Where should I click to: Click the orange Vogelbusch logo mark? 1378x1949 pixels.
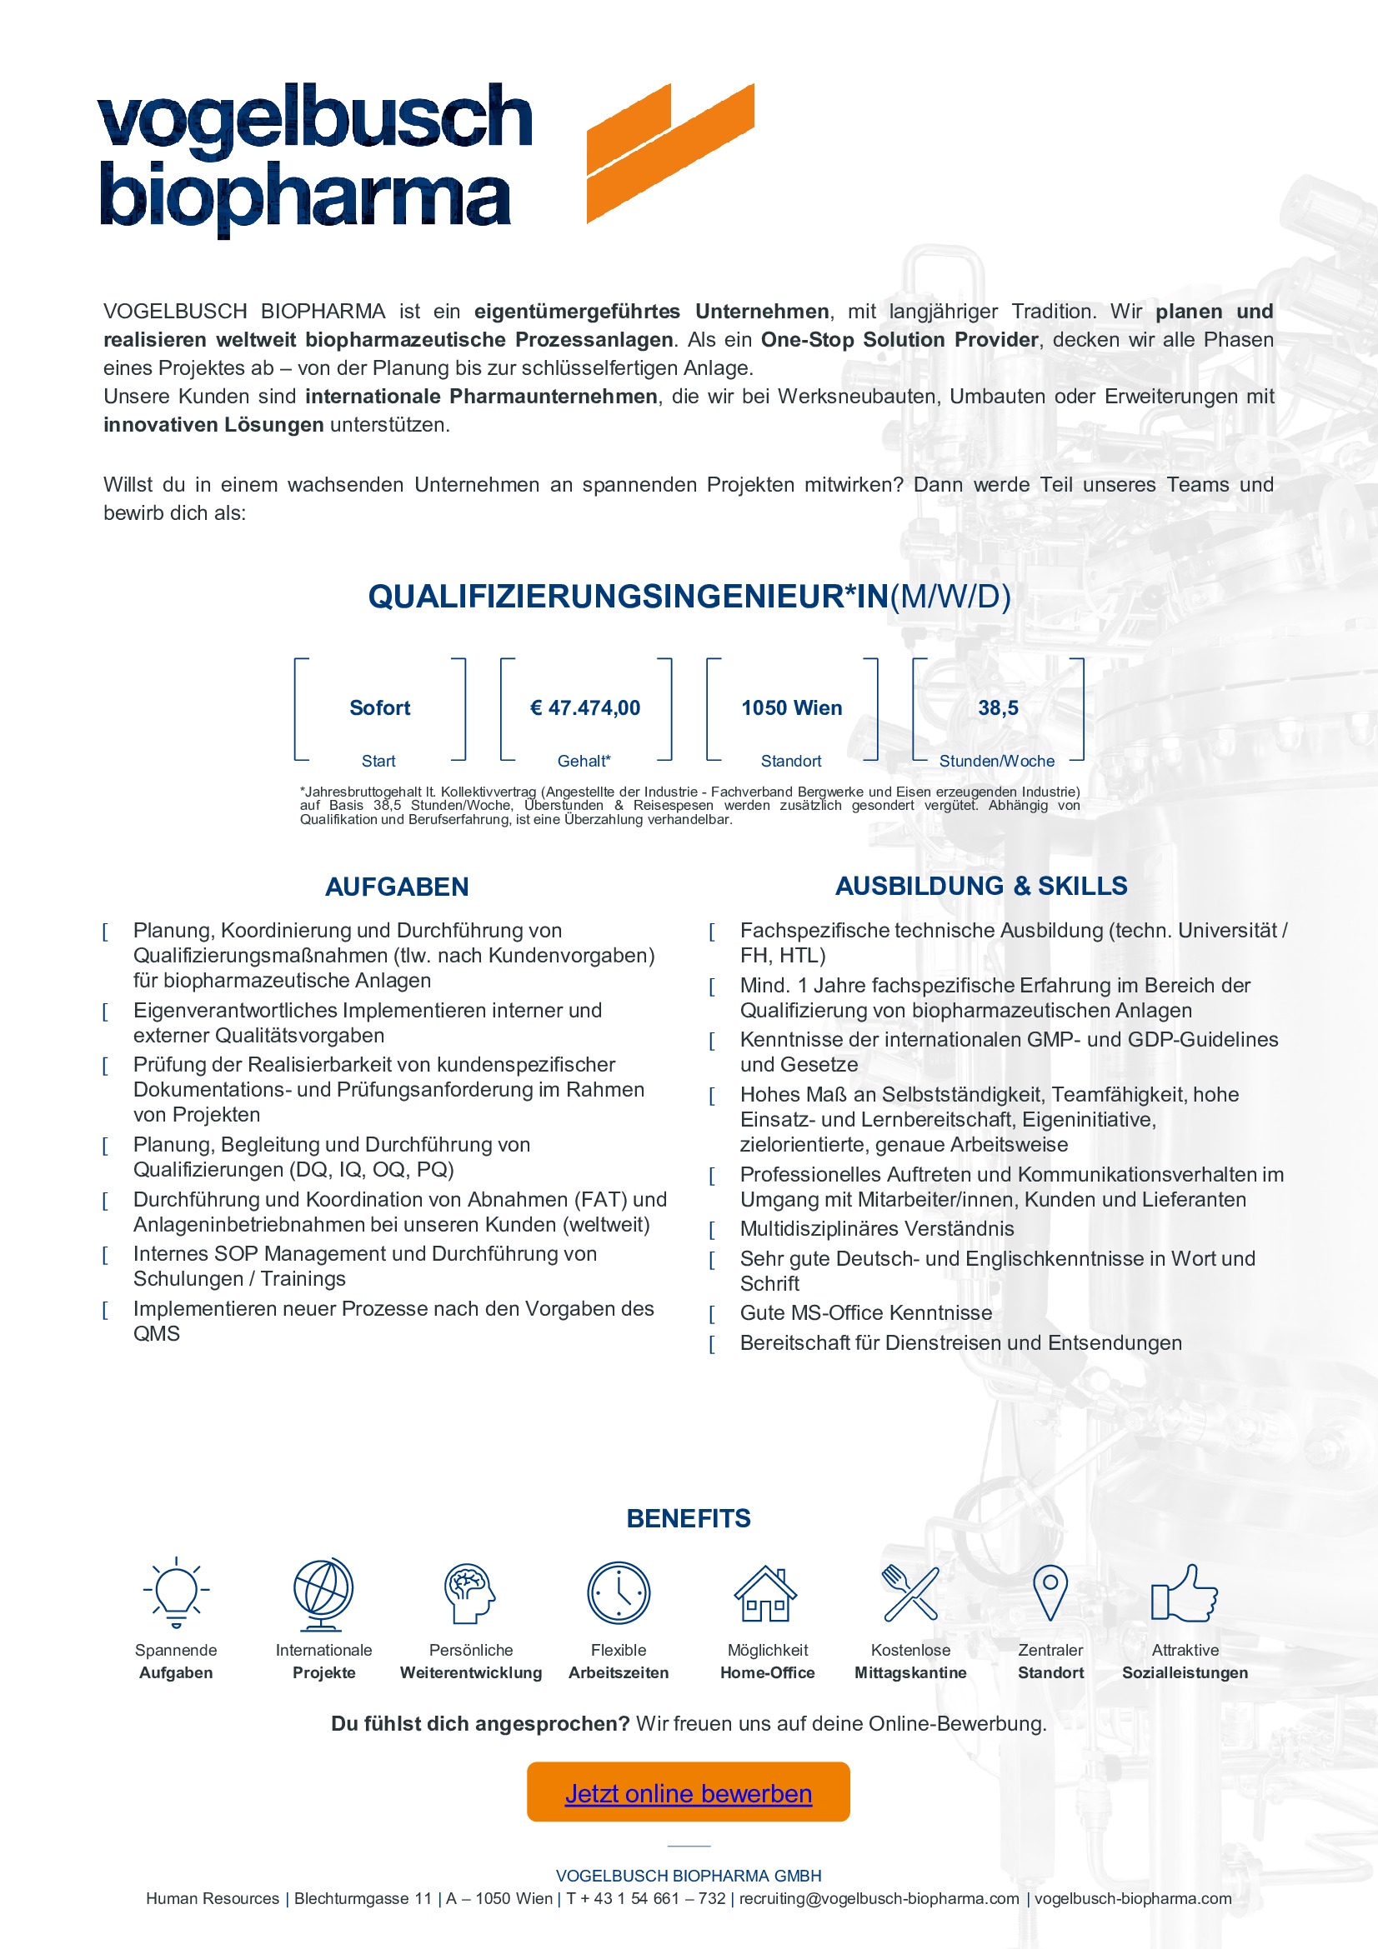(x=669, y=153)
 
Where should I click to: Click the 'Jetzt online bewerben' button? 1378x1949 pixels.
(x=688, y=1793)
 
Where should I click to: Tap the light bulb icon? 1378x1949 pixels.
(x=176, y=1592)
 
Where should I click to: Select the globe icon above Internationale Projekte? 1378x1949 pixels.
(x=323, y=1593)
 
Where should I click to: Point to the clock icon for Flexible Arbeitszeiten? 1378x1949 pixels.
(x=618, y=1592)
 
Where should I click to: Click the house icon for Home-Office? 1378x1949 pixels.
(x=766, y=1593)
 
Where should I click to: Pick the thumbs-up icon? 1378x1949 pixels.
(x=1184, y=1592)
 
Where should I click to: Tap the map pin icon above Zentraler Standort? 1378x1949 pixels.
(x=1050, y=1592)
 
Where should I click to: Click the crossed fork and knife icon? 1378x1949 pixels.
(x=910, y=1592)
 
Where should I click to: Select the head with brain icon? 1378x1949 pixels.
(x=469, y=1592)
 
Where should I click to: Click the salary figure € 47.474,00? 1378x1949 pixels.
(x=585, y=708)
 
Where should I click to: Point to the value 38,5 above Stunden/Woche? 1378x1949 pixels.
(x=998, y=708)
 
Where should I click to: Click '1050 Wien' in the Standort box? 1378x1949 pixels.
(x=791, y=708)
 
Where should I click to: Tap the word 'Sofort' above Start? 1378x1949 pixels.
(x=379, y=708)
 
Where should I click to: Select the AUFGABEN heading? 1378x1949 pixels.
(x=397, y=887)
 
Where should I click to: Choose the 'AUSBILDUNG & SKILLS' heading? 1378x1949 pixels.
(x=980, y=887)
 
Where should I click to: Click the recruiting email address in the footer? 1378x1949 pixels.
(x=879, y=1899)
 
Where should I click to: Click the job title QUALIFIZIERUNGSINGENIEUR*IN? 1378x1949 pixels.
(x=629, y=597)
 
